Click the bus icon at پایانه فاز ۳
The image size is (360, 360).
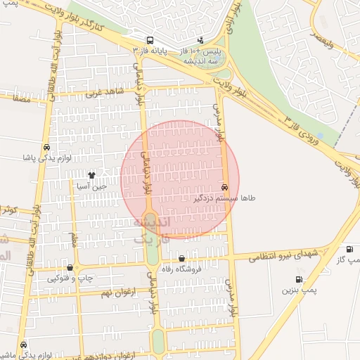150,40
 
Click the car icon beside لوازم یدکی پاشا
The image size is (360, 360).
46,148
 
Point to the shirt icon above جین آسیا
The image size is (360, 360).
91,174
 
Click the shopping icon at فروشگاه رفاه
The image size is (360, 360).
182,258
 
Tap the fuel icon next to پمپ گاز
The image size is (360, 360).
350,249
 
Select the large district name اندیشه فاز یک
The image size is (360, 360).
151,231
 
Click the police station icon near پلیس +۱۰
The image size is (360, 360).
202,39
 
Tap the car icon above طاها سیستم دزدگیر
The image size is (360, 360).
224,188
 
